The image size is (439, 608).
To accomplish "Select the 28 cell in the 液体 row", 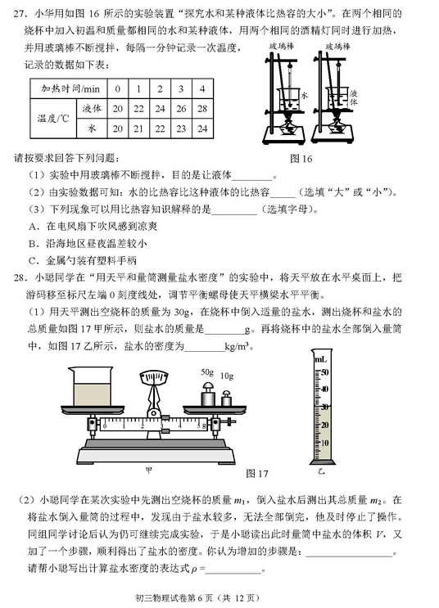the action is click(x=201, y=108).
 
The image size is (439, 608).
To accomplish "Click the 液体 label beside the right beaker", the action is click(x=353, y=96).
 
